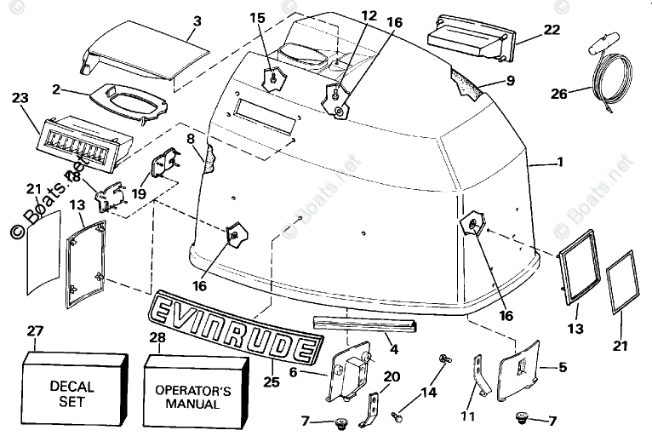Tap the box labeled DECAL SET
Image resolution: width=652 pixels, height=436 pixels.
click(72, 393)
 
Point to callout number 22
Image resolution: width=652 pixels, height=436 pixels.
click(552, 29)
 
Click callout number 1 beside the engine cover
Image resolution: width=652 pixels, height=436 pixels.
click(559, 162)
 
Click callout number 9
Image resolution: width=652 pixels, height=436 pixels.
click(510, 81)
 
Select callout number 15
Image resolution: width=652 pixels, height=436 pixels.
click(258, 17)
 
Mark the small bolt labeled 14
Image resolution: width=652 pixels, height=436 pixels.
click(444, 359)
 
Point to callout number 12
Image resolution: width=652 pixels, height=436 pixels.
click(368, 15)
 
